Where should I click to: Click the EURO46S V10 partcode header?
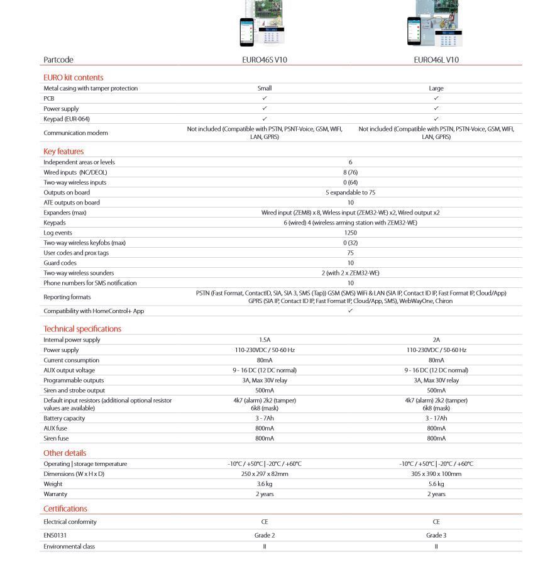tap(265, 60)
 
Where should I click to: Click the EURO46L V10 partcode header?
tap(436, 60)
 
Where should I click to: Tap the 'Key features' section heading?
tap(63, 152)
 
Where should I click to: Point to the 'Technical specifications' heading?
tap(82, 329)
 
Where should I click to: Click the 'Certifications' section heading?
tap(65, 509)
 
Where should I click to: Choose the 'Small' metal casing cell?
tap(265, 89)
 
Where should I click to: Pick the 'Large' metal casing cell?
tap(436, 89)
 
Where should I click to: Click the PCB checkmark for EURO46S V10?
tap(265, 99)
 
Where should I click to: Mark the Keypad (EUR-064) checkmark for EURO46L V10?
tap(436, 119)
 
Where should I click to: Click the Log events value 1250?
tap(350, 233)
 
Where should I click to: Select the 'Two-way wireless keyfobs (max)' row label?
tap(84, 243)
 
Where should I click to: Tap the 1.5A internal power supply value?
tap(265, 340)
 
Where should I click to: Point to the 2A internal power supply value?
tap(436, 340)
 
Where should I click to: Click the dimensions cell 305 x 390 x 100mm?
tap(436, 474)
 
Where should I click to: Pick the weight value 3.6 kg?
tap(265, 484)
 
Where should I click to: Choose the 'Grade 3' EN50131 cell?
tap(436, 536)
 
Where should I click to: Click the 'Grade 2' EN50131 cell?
tap(265, 536)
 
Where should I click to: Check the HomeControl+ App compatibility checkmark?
tap(350, 311)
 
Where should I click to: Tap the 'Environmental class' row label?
tap(69, 546)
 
